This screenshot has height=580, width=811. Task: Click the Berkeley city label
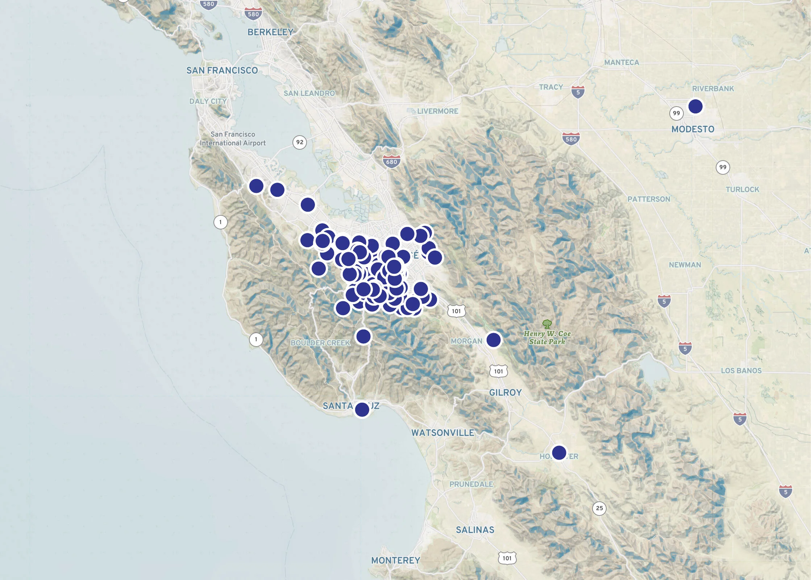click(270, 32)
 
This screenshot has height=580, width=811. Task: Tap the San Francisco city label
click(222, 70)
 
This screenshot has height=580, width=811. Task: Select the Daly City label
click(208, 101)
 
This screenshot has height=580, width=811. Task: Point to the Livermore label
click(437, 111)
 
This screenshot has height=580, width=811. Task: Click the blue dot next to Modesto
click(695, 106)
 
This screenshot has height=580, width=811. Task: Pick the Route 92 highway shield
click(299, 142)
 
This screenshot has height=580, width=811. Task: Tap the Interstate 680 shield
click(391, 161)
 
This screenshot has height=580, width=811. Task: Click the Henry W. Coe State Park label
click(547, 337)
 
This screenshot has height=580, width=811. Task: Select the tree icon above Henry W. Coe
click(547, 323)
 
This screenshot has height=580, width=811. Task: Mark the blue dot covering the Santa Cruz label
click(362, 409)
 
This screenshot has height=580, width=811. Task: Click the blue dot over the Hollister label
click(559, 452)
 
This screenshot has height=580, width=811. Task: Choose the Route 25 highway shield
click(599, 508)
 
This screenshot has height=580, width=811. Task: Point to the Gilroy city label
click(505, 393)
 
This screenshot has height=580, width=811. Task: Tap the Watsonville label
click(442, 432)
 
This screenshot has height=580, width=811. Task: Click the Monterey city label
click(395, 560)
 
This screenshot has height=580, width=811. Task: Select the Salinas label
click(475, 530)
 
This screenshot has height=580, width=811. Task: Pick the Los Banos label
click(741, 370)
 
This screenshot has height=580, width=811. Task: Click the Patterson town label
click(649, 199)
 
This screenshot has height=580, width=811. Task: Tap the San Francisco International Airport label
click(233, 139)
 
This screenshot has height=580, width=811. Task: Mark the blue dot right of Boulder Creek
click(363, 336)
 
